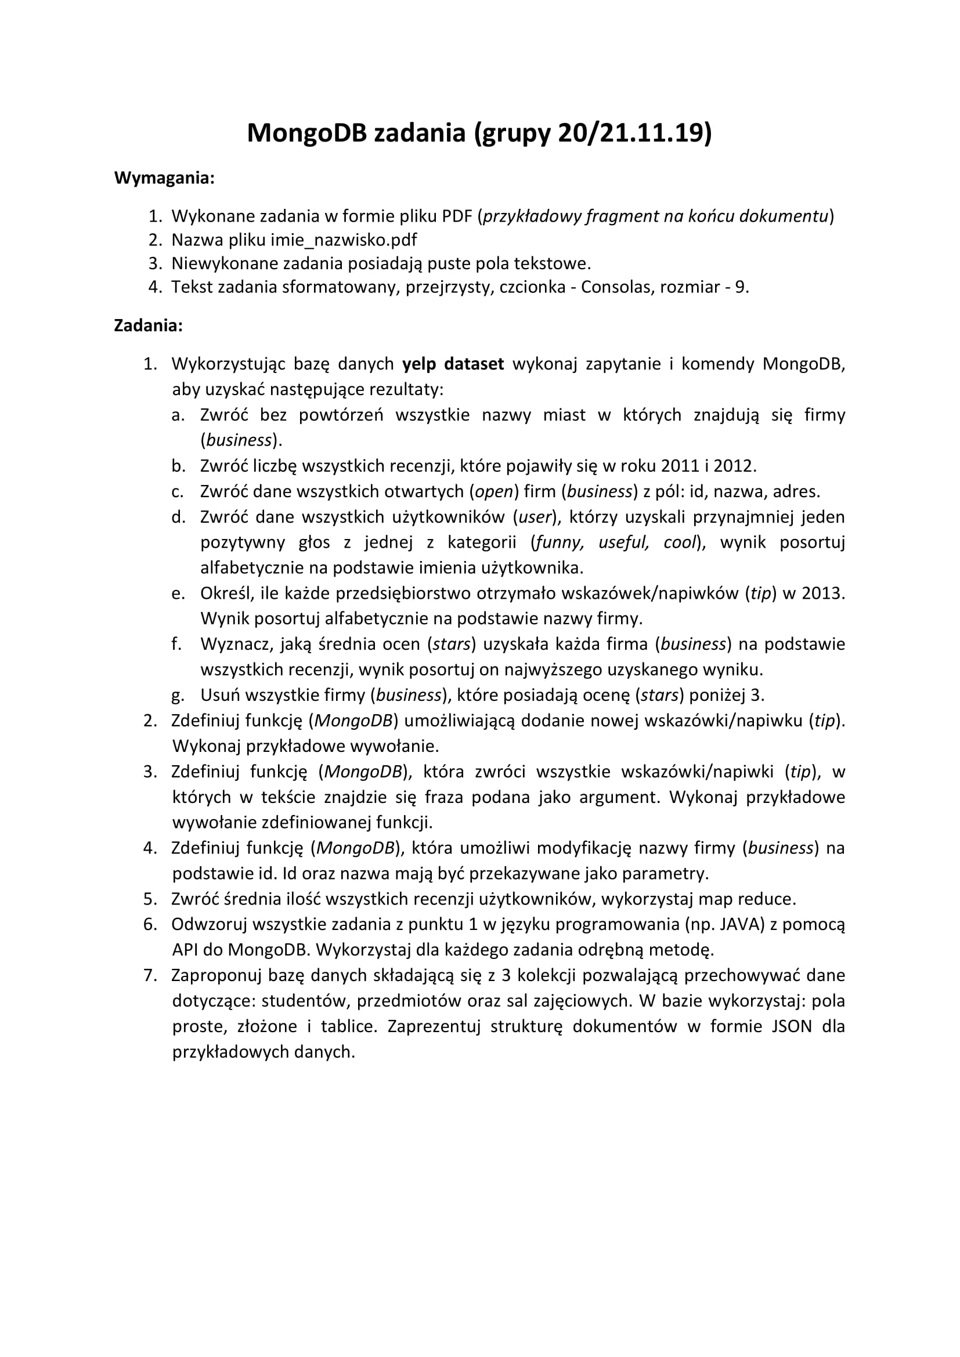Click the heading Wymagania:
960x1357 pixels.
[164, 178]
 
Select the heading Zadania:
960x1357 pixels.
[148, 325]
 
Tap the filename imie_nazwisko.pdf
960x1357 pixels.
[344, 240]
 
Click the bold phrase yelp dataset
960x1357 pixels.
[453, 364]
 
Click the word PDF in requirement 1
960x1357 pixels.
[457, 216]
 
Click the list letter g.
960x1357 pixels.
[178, 696]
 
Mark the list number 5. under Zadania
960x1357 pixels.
[150, 899]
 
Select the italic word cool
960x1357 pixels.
[679, 542]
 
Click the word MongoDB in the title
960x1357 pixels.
[307, 133]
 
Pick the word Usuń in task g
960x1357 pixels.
[220, 695]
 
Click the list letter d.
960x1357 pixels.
[178, 517]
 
